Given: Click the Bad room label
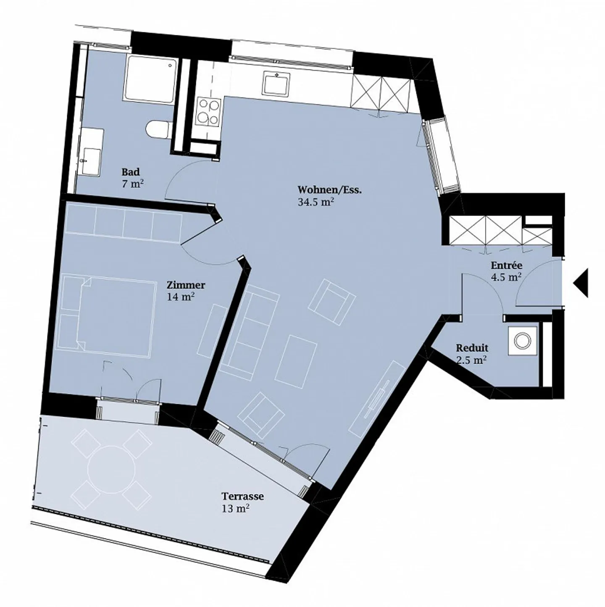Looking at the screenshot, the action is coord(130,172).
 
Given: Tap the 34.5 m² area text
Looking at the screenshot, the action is coord(316,202).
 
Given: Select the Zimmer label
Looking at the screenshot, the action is coord(186,285).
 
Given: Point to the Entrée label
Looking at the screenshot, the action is coord(507,265).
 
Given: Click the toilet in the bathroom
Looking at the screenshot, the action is coord(159,129).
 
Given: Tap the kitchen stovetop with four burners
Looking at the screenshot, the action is coord(208,112).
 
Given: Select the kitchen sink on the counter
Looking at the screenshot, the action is coord(276,84).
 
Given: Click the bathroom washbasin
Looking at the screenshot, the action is coord(92,161).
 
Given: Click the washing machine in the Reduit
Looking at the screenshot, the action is coord(523,341).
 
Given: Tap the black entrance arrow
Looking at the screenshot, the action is coord(581,283).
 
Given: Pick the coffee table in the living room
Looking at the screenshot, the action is coord(296,361).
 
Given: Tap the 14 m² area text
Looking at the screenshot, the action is coord(181,297).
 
